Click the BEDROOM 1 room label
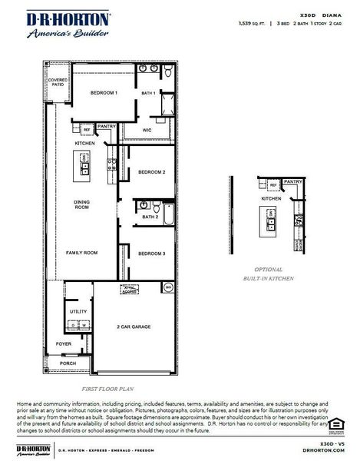tap(104, 93)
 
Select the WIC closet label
tap(147, 131)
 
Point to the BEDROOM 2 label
tap(151, 172)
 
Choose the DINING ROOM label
tap(83, 205)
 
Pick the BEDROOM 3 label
tap(151, 254)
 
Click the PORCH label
tap(68, 363)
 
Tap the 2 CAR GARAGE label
tap(134, 327)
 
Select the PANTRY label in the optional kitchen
tap(292, 181)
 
